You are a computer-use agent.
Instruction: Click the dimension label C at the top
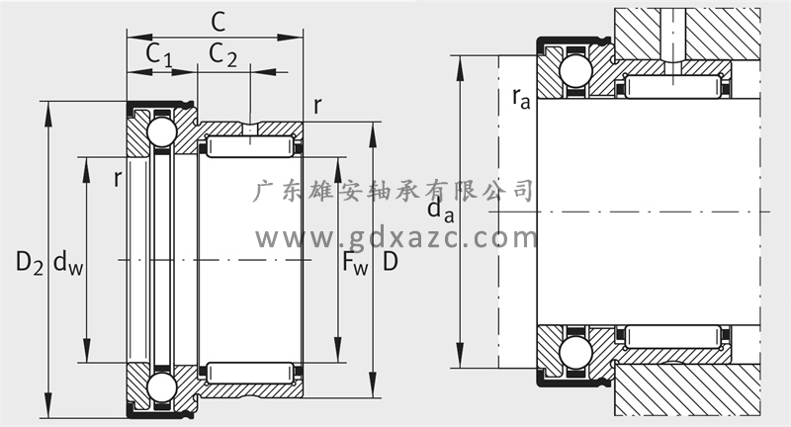(x=218, y=22)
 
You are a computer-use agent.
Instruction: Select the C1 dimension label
(x=159, y=55)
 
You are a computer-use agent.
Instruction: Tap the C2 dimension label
(x=223, y=54)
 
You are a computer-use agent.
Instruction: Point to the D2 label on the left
(x=30, y=263)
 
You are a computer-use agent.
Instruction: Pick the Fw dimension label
(x=355, y=263)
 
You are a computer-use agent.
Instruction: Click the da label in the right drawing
(x=441, y=211)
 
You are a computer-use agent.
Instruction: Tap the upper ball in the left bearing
(x=162, y=131)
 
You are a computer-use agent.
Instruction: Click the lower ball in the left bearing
(x=162, y=387)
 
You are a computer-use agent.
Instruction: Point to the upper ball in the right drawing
(x=575, y=71)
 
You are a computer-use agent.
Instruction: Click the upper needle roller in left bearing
(x=250, y=146)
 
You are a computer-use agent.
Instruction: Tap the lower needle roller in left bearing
(x=250, y=373)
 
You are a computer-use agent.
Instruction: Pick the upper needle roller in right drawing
(x=673, y=86)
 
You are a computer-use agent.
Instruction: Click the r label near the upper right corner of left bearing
(x=317, y=107)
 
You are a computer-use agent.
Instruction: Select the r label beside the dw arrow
(x=118, y=179)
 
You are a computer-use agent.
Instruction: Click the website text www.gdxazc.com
(x=396, y=238)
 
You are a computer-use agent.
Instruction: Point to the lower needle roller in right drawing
(x=673, y=337)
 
